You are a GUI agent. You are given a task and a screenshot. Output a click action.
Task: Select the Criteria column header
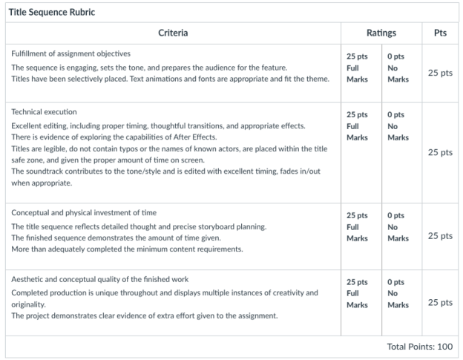(x=173, y=33)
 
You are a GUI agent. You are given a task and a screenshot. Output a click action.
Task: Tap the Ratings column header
(x=381, y=33)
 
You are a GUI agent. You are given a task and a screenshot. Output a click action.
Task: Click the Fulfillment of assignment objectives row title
(x=70, y=54)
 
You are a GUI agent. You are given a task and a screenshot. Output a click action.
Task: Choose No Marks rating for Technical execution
(x=397, y=126)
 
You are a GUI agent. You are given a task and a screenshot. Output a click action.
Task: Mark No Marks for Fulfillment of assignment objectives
(x=397, y=68)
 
